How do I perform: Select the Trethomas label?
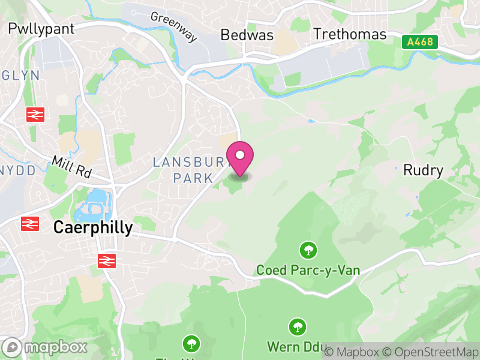coord(350,34)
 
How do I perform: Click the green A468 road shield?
coord(420,42)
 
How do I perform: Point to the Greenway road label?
coord(174,27)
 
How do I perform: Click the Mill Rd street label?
coord(71,167)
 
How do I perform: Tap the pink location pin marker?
coord(240,157)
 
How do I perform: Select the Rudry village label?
coord(423,170)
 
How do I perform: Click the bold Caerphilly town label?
coord(93,228)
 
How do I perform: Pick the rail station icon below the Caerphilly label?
coord(106,260)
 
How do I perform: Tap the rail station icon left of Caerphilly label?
coord(29,224)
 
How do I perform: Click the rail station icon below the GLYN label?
coord(35,114)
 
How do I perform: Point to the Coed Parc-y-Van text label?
coord(308,271)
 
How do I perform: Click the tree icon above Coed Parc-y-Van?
coord(308,249)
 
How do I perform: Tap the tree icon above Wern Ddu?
coord(296,327)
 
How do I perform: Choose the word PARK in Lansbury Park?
coord(193,178)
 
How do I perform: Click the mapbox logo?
coord(46,347)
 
